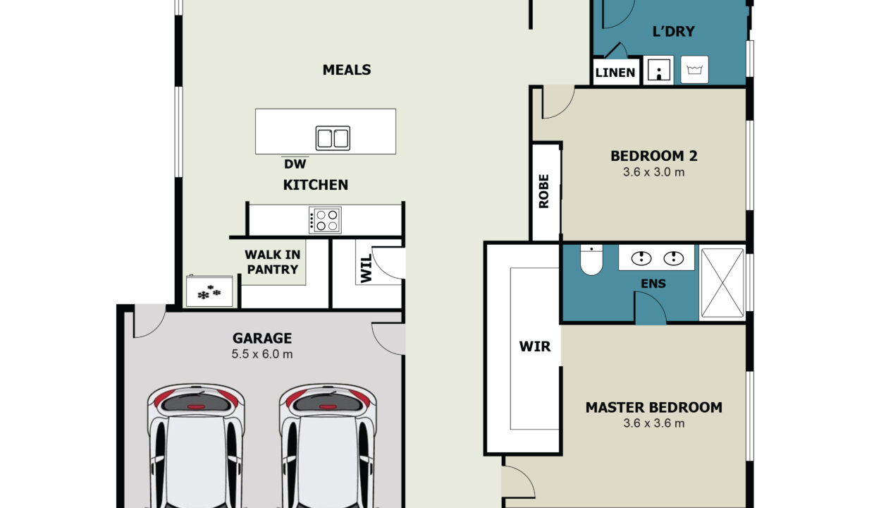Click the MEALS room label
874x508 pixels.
pos(347,70)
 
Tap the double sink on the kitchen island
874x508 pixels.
pos(333,138)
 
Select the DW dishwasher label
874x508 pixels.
pos(295,164)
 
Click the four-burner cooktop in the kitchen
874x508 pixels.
pos(325,220)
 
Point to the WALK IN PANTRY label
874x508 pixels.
pos(273,262)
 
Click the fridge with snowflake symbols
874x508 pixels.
pos(209,291)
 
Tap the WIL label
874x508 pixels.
pos(366,269)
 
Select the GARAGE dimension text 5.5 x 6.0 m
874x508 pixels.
pos(261,354)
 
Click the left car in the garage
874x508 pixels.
pos(196,446)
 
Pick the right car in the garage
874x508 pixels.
pos(328,446)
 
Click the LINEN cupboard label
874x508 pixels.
pos(615,73)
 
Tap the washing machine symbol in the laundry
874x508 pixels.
pos(694,70)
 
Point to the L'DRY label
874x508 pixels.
pos(673,32)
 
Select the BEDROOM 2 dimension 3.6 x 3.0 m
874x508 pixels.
pos(653,172)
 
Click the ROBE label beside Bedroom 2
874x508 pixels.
pos(543,191)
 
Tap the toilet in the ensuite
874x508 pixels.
pos(591,260)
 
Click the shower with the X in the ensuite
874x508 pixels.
pos(722,283)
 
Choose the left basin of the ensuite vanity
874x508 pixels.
pos(641,258)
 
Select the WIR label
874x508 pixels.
pos(534,346)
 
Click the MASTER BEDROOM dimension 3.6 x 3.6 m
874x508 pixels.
pos(653,423)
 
